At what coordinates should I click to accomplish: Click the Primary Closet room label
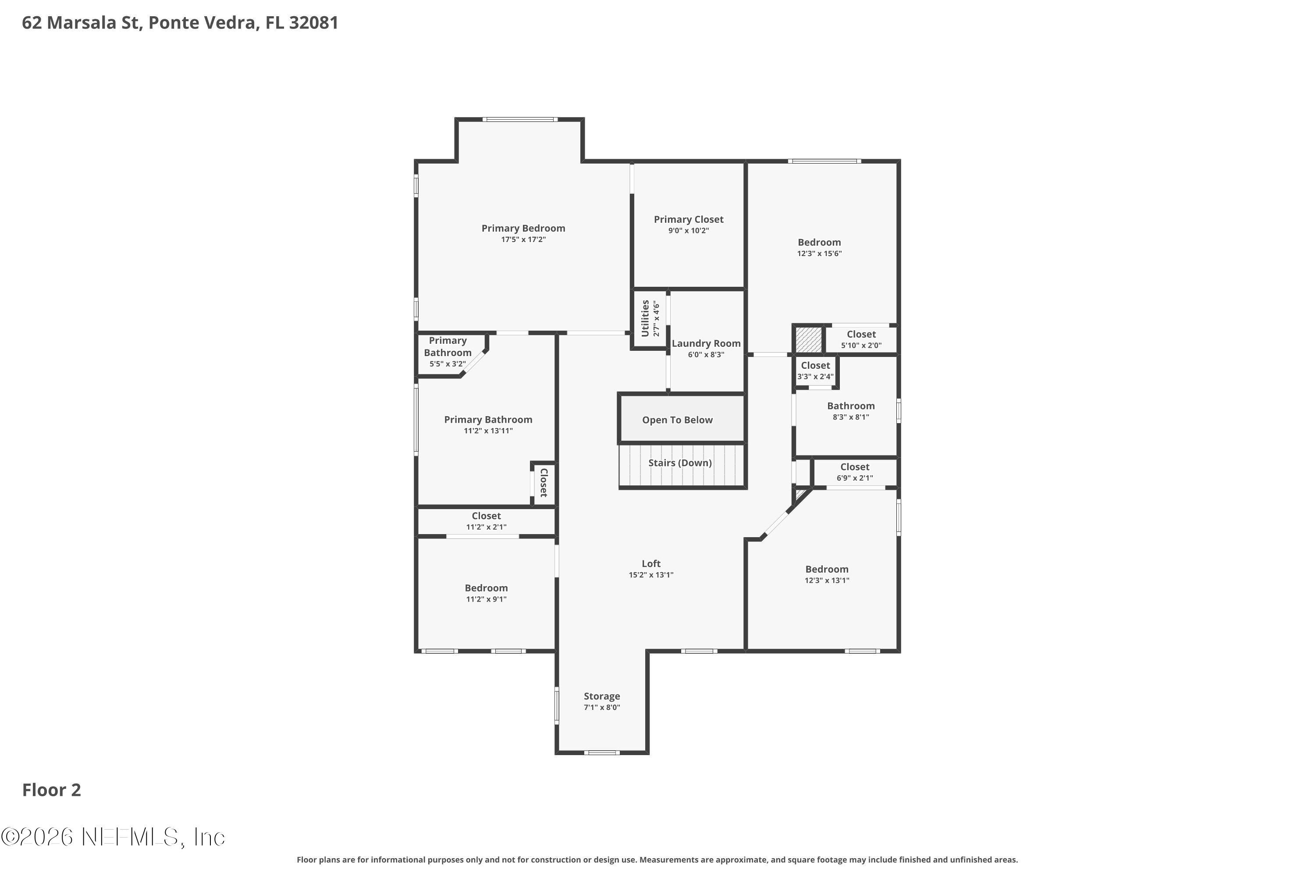pyautogui.click(x=688, y=219)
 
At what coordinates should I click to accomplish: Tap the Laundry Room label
pyautogui.click(x=706, y=343)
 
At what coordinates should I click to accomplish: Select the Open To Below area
pyautogui.click(x=682, y=418)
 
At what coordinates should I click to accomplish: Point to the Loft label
pyautogui.click(x=651, y=564)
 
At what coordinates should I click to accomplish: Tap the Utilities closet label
pyautogui.click(x=645, y=318)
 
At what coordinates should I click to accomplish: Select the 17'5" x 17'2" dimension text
pyautogui.click(x=523, y=239)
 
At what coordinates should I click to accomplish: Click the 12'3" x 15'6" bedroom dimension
pyautogui.click(x=819, y=253)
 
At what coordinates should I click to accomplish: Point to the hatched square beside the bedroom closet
pyautogui.click(x=808, y=339)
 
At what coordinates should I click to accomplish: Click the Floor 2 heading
pyautogui.click(x=51, y=790)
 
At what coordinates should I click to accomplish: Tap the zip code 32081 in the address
pyautogui.click(x=314, y=22)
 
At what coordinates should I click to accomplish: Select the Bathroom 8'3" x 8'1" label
pyautogui.click(x=850, y=411)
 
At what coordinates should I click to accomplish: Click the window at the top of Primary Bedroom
pyautogui.click(x=520, y=119)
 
